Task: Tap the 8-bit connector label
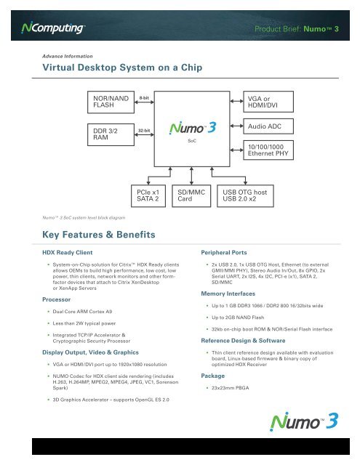click(x=145, y=96)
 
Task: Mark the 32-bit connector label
click(x=145, y=131)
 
